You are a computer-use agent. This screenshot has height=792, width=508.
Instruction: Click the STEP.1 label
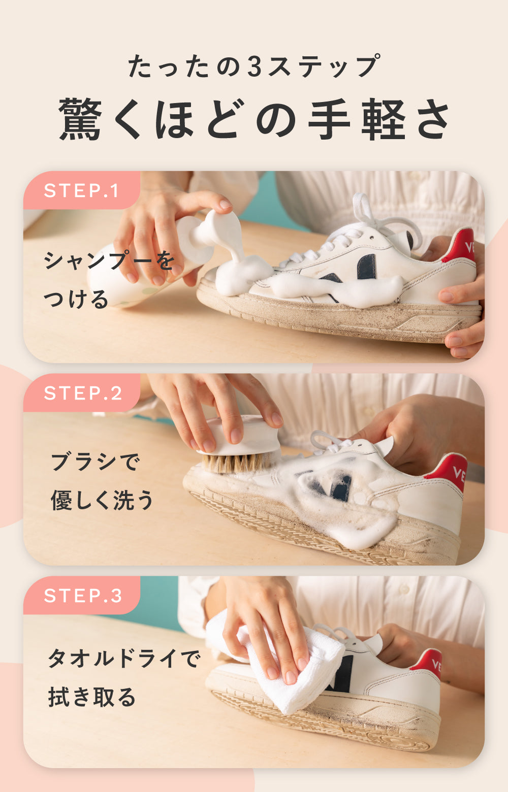[x=81, y=190]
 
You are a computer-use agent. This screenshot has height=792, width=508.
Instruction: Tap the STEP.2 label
[x=83, y=393]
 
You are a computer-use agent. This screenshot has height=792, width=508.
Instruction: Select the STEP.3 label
[x=83, y=596]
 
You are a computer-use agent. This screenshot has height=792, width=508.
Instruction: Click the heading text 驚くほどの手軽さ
[x=254, y=119]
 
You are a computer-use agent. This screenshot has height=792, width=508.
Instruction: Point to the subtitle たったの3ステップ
[x=254, y=66]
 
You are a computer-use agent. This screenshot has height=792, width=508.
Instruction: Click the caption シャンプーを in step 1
[x=109, y=261]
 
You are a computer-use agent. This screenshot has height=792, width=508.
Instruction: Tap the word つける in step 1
[x=76, y=299]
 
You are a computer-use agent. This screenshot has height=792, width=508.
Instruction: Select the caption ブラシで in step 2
[x=96, y=462]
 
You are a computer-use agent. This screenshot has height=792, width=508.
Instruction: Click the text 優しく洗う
[x=102, y=500]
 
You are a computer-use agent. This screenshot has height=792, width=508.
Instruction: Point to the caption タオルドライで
[x=124, y=658]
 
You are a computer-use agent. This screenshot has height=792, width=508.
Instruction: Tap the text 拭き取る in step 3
[x=91, y=697]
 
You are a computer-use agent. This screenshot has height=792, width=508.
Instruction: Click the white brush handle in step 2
[x=244, y=435]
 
